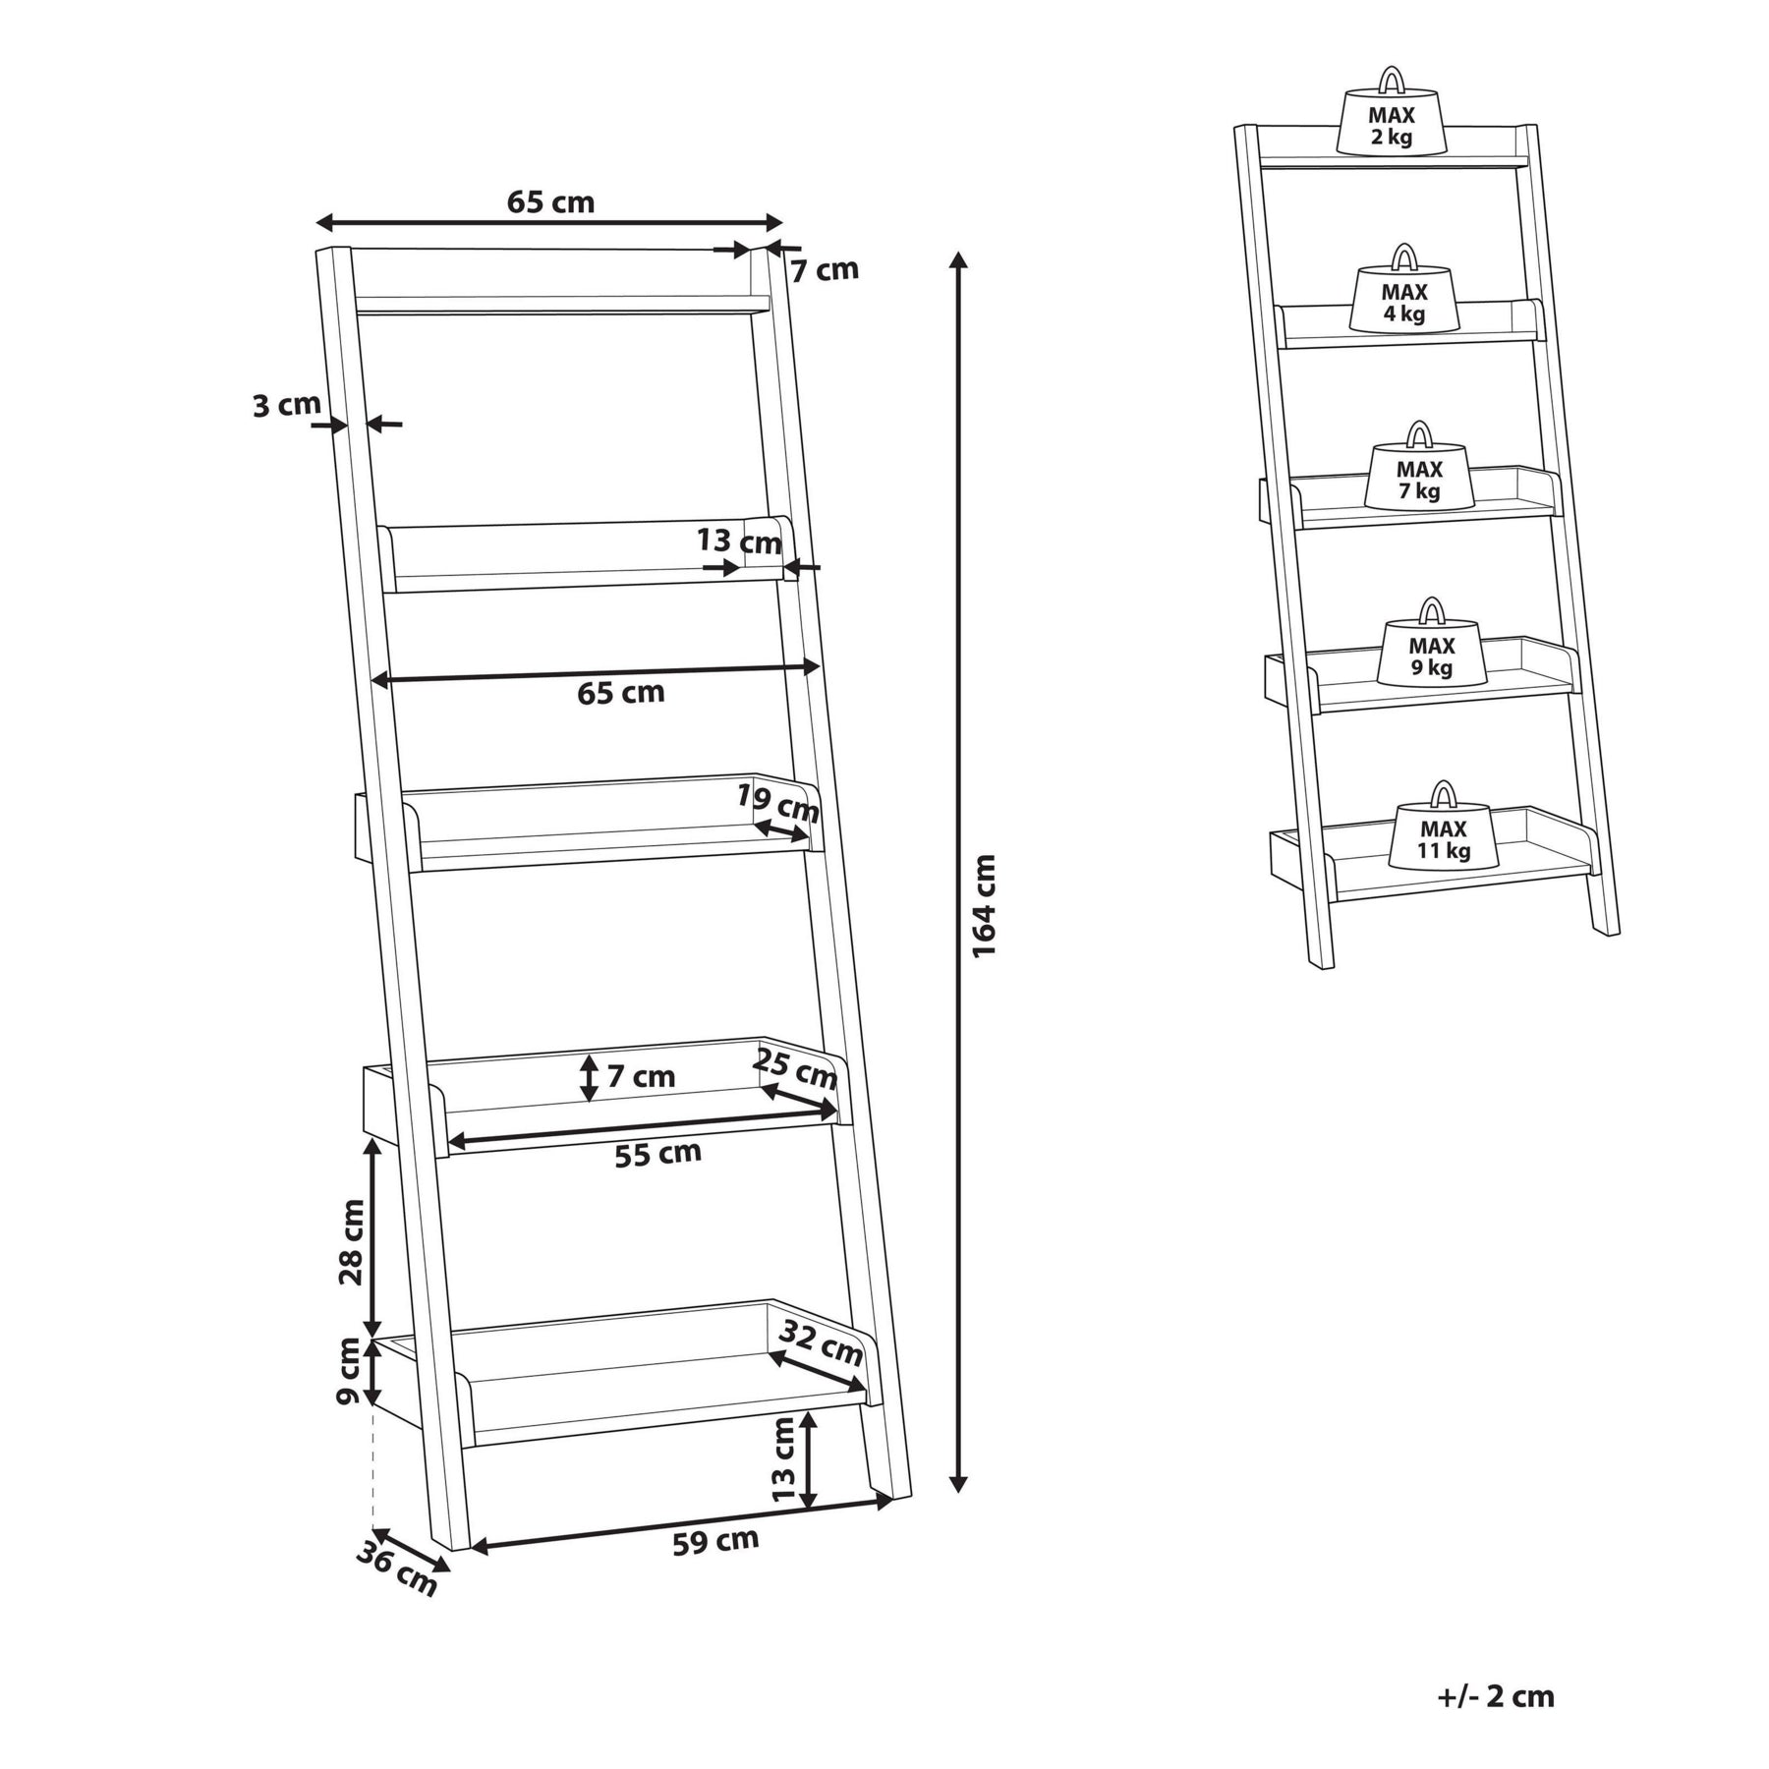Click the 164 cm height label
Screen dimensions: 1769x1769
point(985,905)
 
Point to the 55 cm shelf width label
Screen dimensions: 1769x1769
point(657,1153)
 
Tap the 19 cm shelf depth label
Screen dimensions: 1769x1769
point(778,804)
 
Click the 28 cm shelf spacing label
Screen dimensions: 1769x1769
point(351,1241)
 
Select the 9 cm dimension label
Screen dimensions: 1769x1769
point(349,1371)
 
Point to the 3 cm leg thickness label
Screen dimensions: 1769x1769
point(287,404)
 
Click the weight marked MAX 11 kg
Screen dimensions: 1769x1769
point(1443,825)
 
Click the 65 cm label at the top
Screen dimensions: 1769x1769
point(550,201)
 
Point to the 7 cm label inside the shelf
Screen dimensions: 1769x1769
point(641,1077)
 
